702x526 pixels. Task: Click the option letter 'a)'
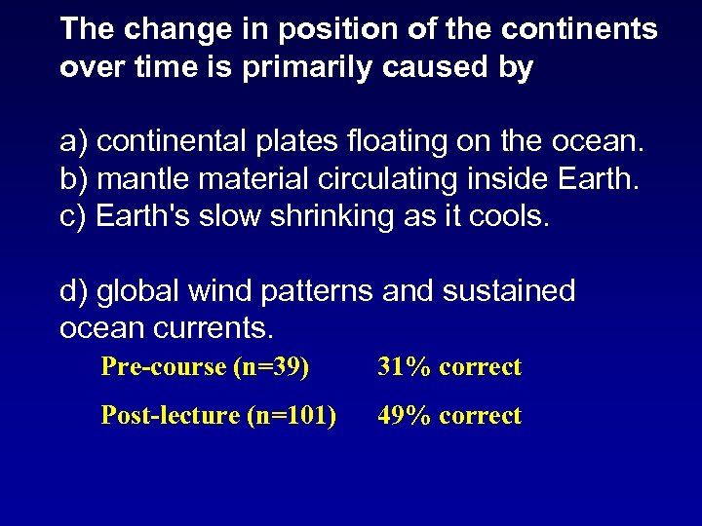tap(74, 143)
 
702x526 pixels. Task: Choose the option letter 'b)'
tap(74, 179)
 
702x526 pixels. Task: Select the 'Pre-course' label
tap(163, 367)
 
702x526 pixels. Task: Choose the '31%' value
tap(405, 367)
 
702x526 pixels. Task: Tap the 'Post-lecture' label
tap(171, 416)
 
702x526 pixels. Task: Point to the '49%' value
tap(405, 416)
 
